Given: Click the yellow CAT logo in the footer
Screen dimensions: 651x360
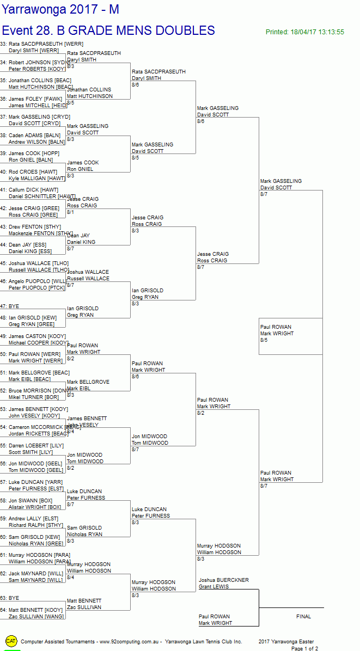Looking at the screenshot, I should point(11,641).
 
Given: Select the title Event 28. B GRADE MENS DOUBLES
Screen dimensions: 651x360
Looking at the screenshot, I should point(108,30).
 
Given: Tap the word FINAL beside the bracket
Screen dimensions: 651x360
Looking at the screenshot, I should point(303,617).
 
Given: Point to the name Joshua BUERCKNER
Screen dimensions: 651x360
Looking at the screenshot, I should point(223,580).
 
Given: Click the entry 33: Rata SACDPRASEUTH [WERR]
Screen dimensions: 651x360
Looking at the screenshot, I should point(41,44).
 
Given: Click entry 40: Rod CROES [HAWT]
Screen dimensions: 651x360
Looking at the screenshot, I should point(33,172).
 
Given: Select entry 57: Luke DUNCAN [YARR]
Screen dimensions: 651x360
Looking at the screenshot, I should point(32,482).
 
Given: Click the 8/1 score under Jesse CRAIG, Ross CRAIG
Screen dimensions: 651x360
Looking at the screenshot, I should point(71,212).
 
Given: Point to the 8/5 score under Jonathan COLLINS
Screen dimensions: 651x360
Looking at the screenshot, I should point(71,103).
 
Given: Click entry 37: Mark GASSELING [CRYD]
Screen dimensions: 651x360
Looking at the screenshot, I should point(35,117).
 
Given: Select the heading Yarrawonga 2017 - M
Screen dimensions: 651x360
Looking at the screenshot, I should point(60,10).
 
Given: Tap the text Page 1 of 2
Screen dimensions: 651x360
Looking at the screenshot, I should point(304,648).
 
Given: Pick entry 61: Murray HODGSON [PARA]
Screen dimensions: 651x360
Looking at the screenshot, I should point(35,555).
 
